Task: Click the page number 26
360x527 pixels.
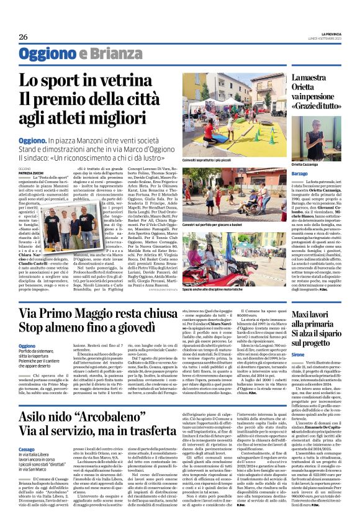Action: pyautogui.click(x=23, y=37)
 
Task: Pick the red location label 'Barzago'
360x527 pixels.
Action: pyautogui.click(x=300, y=174)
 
